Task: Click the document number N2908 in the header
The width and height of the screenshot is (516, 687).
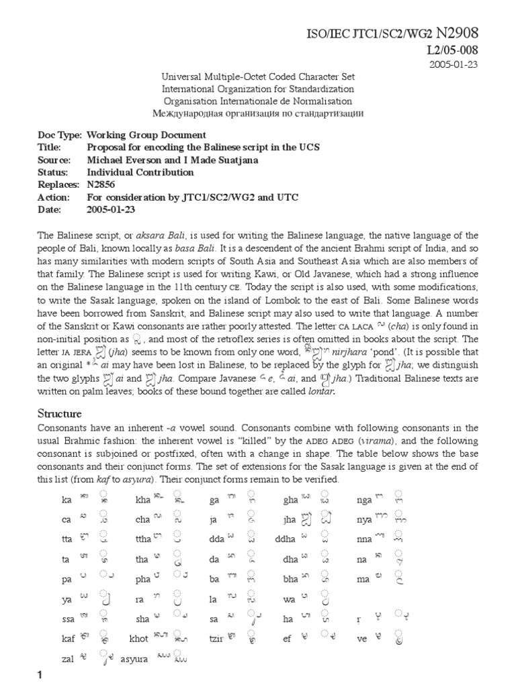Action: [458, 33]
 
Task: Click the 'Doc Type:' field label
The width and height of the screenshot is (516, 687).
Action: [60, 135]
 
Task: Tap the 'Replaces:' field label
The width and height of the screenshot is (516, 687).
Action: [58, 184]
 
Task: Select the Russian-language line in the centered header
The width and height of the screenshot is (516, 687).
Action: [258, 113]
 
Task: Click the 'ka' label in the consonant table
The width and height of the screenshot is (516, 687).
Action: [66, 500]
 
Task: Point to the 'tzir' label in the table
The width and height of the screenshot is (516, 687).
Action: [215, 639]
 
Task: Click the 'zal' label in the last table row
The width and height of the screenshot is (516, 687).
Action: [67, 659]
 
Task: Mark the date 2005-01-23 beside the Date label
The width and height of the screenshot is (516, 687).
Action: [112, 209]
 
